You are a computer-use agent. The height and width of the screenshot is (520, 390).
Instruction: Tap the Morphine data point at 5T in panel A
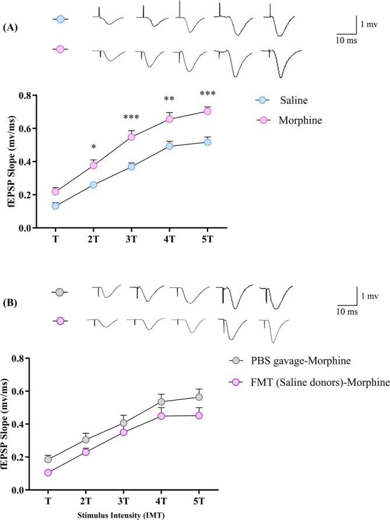coord(208,111)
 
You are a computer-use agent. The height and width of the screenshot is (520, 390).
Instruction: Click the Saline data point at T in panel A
coord(55,206)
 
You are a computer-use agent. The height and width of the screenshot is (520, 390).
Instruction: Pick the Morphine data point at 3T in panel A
coord(132,137)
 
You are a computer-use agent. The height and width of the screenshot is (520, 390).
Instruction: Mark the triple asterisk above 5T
coord(208,94)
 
